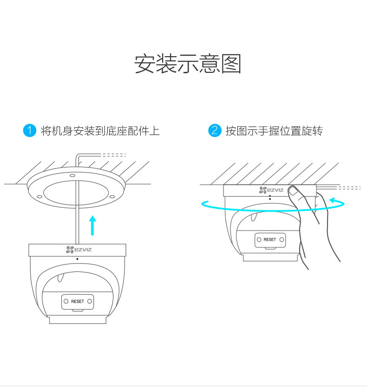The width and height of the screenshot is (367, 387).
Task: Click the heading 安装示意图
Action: click(x=188, y=64)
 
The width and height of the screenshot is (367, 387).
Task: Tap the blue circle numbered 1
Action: click(x=29, y=130)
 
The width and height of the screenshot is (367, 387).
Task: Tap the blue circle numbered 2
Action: click(x=214, y=130)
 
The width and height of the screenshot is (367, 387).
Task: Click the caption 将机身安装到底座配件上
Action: click(x=100, y=131)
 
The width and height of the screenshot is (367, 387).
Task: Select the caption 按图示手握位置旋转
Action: click(x=274, y=131)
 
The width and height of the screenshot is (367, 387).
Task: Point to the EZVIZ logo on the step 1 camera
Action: click(x=78, y=250)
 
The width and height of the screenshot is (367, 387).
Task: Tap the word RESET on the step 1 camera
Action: click(x=78, y=302)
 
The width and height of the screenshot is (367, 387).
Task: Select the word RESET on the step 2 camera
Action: click(x=269, y=239)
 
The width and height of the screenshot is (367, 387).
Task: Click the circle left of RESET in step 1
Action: click(x=66, y=302)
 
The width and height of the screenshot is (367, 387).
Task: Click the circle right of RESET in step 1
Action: click(x=90, y=302)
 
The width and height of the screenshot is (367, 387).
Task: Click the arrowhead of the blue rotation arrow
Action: click(x=333, y=200)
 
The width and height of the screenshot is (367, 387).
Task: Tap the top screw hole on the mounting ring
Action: click(x=72, y=176)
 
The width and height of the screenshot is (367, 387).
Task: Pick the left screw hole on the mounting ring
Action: click(x=39, y=196)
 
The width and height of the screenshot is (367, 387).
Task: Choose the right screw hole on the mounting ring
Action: click(x=112, y=196)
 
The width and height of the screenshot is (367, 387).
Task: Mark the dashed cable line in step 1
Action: click(x=114, y=155)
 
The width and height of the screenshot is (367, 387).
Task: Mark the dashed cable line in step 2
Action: click(x=348, y=188)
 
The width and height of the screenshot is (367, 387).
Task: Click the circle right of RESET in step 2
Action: click(x=282, y=239)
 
